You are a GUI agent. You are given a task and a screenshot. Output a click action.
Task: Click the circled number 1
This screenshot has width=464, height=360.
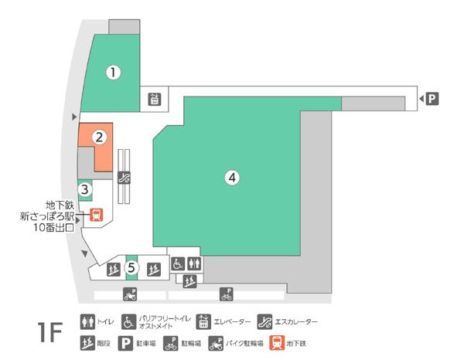pos(114,73)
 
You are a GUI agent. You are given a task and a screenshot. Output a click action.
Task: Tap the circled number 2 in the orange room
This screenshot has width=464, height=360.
pos(99,138)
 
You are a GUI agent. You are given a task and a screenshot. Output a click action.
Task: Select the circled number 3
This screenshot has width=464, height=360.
pos(86,188)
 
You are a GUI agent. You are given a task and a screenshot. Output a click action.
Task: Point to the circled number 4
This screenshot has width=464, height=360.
pos(230,177)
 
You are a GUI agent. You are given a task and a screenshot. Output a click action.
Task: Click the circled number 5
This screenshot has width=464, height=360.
pos(132,267)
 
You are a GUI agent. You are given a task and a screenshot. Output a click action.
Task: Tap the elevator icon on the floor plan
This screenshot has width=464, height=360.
pos(154,99)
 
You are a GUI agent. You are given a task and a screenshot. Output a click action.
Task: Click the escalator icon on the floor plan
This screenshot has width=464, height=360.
pos(124,176)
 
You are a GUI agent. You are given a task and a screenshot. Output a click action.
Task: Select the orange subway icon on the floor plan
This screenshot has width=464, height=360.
pos(96,216)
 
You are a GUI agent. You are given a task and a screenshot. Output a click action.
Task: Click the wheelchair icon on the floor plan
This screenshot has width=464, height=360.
pos(177,264)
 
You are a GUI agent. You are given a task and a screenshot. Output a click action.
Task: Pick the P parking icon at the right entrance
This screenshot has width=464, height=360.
pos(432,98)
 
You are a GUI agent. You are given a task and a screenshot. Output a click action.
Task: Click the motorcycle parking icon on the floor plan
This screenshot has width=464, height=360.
pos(130,294)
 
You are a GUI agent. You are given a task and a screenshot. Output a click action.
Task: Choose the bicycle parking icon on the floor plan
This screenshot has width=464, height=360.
pos(227,294)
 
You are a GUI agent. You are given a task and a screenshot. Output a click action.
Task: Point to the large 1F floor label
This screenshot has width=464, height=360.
pos(49,332)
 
